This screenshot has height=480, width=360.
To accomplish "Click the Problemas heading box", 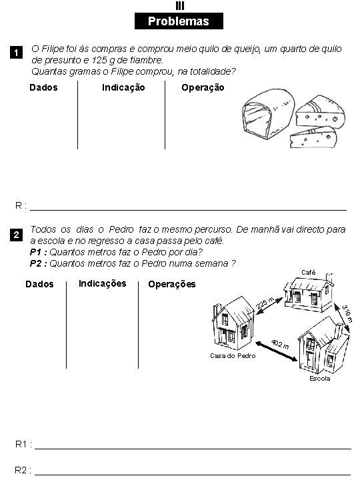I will pos(178,21).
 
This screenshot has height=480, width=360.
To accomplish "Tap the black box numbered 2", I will pos(20,235).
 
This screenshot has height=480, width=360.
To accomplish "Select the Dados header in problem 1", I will pos(44,87).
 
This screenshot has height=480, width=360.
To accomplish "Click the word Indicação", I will pos(123,87).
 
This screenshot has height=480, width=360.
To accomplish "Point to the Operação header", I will pos(203,87).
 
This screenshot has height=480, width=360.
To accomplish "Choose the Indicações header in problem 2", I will pos(102,283).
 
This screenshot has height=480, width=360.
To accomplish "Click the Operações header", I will pos(172,285).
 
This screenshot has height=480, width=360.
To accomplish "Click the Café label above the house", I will pos(309,272).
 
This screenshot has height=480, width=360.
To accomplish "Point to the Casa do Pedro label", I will pos(233,355).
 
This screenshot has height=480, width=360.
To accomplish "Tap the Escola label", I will pos(319,379).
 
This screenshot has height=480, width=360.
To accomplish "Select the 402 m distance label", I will pos(280,345).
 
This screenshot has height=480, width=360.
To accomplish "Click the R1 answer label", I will pos(23,444).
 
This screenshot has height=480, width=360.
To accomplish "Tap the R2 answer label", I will pos(23,470).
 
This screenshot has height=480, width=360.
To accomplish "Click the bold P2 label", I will pos(39,263).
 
